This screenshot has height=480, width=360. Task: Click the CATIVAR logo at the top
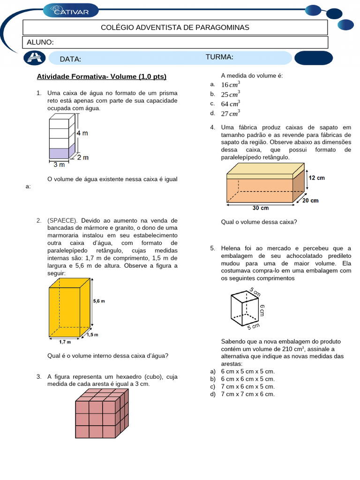click(71, 9)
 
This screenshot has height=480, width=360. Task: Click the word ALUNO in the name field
click(40, 42)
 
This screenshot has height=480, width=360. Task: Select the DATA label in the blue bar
click(70, 59)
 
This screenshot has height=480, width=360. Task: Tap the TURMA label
click(219, 57)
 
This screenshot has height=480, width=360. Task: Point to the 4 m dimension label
click(82, 133)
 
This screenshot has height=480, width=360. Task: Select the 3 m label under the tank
click(59, 165)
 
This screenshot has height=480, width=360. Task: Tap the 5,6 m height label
click(99, 301)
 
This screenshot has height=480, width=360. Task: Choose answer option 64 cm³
click(230, 104)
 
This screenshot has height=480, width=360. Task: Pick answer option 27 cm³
click(230, 113)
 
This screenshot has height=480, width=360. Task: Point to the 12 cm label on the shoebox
click(316, 178)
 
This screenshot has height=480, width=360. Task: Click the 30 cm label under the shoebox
click(261, 208)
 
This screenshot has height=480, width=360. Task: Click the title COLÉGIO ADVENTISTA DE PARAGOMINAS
click(175, 28)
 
